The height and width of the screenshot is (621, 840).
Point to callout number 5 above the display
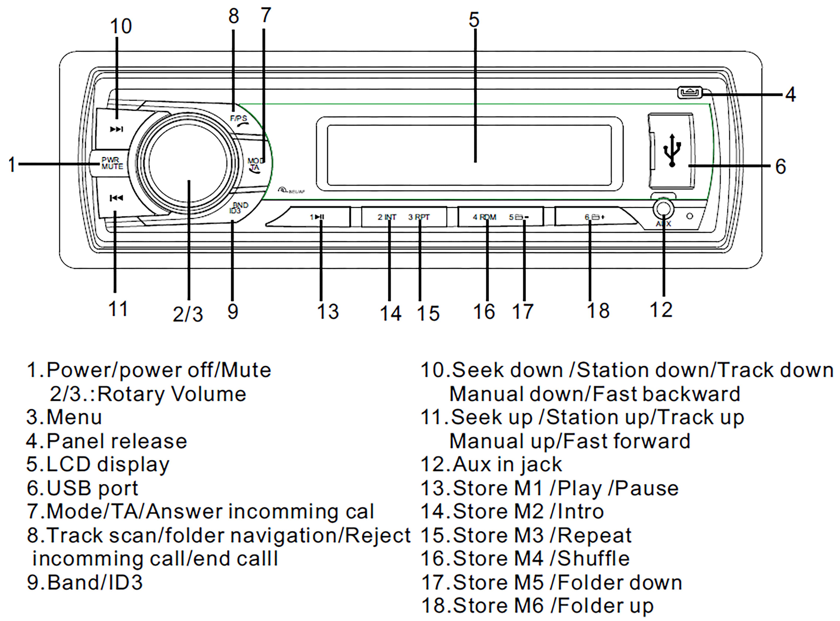(x=474, y=20)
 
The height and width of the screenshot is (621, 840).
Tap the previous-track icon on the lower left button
(x=116, y=198)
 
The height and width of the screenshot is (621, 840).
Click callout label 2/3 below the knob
(x=188, y=314)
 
